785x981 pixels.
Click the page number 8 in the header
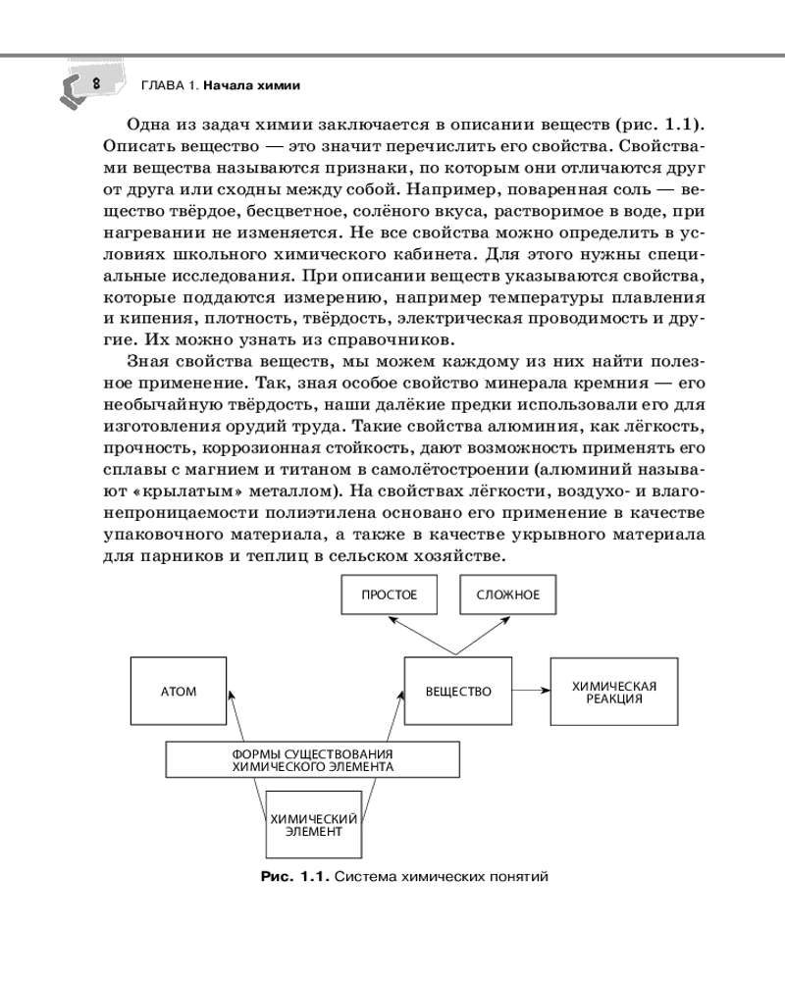(95, 84)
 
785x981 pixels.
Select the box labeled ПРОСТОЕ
(389, 594)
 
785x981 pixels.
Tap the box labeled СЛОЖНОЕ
(507, 594)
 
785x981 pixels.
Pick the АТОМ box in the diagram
(179, 691)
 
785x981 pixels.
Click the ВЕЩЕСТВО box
(458, 691)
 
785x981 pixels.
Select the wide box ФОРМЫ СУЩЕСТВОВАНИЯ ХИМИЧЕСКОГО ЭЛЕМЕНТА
(312, 759)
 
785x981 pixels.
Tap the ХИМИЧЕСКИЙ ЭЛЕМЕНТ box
(314, 824)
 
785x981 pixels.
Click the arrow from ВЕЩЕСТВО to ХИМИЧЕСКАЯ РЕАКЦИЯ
(530, 691)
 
